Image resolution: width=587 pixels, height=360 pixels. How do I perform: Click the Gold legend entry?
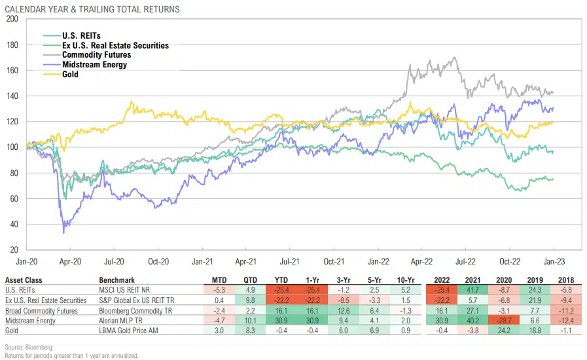(x=70, y=75)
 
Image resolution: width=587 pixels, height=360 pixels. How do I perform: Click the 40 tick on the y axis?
(x=14, y=224)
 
